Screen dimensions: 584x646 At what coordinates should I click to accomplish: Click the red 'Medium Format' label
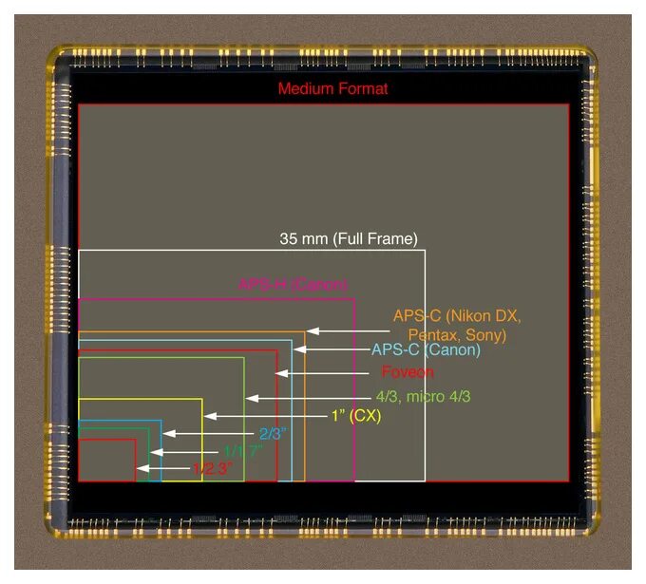pyautogui.click(x=332, y=89)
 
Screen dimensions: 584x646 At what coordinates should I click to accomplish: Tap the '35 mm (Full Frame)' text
pyautogui.click(x=348, y=239)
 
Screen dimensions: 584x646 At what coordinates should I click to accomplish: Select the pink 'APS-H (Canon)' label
pyautogui.click(x=293, y=284)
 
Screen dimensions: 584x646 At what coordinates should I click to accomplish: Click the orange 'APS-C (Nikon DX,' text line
pyautogui.click(x=457, y=316)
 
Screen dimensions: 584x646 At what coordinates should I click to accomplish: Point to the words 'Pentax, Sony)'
pyautogui.click(x=457, y=335)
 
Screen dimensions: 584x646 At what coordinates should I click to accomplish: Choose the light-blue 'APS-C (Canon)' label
pyautogui.click(x=426, y=349)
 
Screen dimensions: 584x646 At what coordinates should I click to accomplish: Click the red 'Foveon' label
pyautogui.click(x=408, y=372)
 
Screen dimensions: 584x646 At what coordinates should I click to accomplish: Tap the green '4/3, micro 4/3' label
pyautogui.click(x=423, y=396)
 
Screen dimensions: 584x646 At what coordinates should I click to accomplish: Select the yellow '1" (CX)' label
pyautogui.click(x=355, y=416)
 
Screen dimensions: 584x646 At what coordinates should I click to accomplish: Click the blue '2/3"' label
pyautogui.click(x=272, y=434)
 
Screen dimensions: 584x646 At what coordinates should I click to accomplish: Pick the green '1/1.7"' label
pyautogui.click(x=241, y=451)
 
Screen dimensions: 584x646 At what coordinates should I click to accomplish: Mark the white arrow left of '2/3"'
pyautogui.click(x=209, y=434)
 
